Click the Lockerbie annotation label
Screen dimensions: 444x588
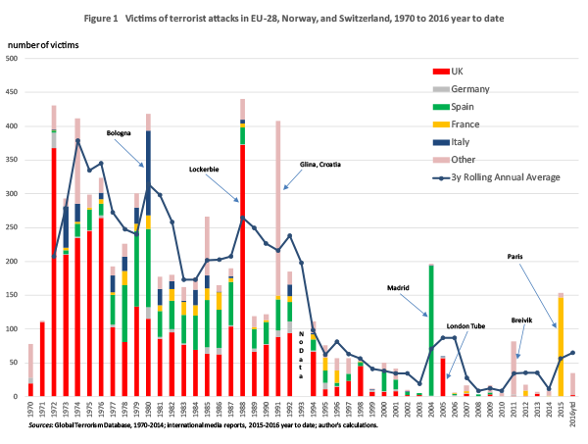click(206, 170)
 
